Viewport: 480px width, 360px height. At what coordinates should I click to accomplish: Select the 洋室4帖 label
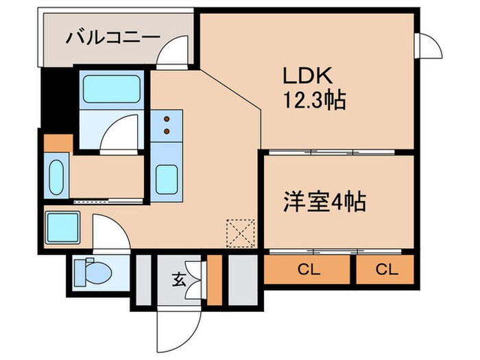[x=324, y=202]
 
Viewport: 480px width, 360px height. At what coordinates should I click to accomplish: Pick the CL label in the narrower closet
[x=385, y=269]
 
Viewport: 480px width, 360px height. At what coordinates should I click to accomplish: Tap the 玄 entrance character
[x=178, y=279]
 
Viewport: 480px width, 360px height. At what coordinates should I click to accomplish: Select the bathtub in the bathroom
[x=111, y=88]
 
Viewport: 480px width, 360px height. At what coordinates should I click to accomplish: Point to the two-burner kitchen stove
[x=167, y=125]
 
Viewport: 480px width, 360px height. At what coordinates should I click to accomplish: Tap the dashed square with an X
[x=242, y=232]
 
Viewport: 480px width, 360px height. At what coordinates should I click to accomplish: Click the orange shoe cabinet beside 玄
[x=215, y=280]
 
